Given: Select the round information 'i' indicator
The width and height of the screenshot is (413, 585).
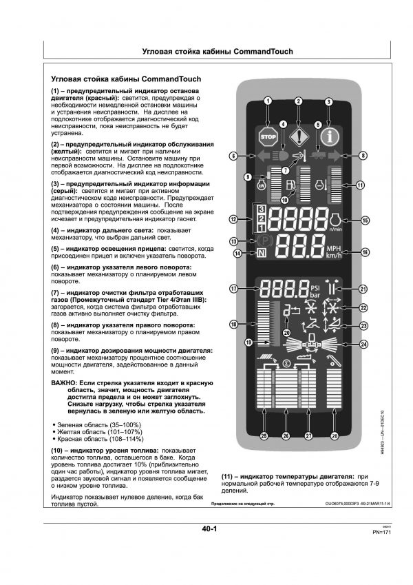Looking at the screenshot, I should tap(330, 135).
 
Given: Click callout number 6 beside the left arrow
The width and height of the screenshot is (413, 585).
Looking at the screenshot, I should tap(234, 156).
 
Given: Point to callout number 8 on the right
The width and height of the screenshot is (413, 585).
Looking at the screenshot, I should tap(363, 156).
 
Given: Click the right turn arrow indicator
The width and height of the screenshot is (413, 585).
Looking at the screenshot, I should tap(337, 157).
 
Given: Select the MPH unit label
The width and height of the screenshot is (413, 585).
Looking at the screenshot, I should tap(334, 248).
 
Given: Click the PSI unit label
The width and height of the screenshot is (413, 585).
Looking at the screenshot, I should tap(316, 285).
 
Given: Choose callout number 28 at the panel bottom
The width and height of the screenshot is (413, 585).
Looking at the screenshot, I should tap(335, 435).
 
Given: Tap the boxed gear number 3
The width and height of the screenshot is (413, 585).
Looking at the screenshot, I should tap(262, 209).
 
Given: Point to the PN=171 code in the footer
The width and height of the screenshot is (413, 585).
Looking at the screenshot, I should tap(383, 533).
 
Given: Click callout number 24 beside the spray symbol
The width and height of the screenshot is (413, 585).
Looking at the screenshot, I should tap(363, 343).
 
